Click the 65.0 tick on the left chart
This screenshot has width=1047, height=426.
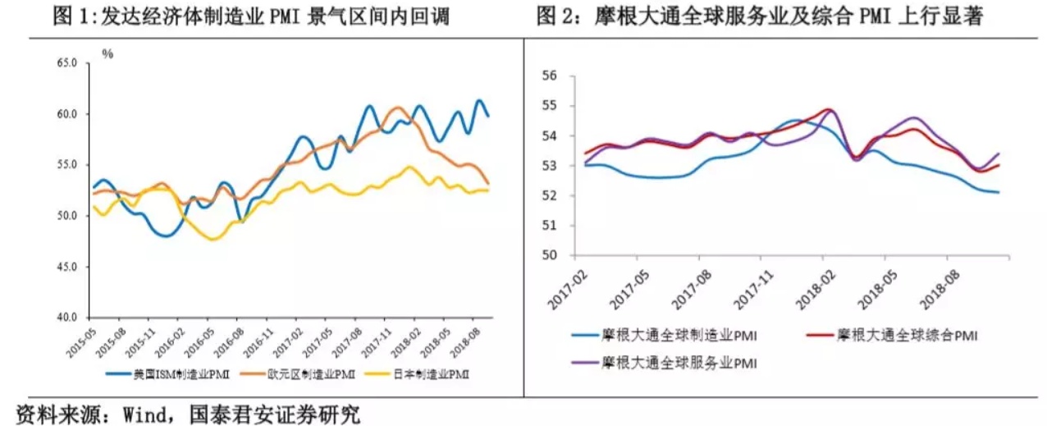(66, 62)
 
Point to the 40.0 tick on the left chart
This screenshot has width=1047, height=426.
(66, 318)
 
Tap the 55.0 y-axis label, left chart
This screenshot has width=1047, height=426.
(66, 165)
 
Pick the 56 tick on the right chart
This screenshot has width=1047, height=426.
(549, 76)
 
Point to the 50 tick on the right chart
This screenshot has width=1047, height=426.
(549, 255)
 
